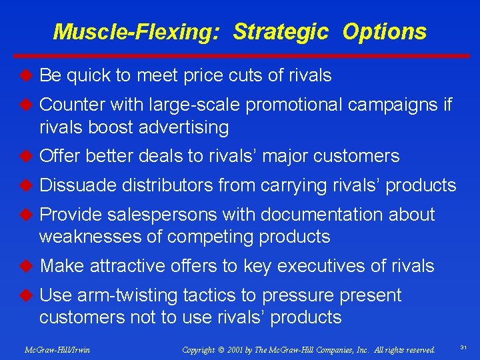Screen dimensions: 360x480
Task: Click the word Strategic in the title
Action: coord(281,31)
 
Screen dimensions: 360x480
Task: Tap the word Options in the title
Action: coord(384,31)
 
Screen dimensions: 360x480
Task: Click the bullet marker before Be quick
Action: coord(26,75)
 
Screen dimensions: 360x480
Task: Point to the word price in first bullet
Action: coord(200,76)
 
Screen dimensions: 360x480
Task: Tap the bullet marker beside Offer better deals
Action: coord(26,156)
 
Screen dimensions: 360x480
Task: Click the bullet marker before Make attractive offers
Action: coord(26,266)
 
